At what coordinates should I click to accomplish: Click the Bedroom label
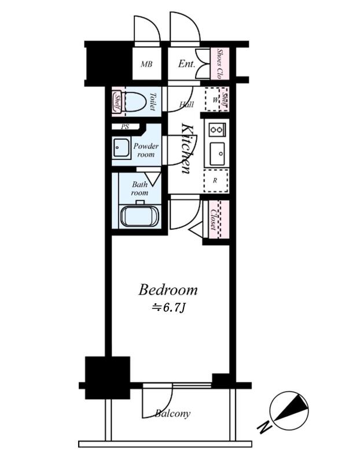[x=168, y=290]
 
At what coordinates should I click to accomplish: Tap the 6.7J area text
[x=168, y=308]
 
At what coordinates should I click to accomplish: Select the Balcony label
[x=173, y=414]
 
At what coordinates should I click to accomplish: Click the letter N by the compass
[x=264, y=427]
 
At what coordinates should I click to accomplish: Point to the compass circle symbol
[x=289, y=411]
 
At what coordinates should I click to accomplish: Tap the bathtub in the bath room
[x=140, y=216]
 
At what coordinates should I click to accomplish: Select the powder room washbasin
[x=121, y=148]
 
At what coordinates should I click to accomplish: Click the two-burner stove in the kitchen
[x=216, y=130]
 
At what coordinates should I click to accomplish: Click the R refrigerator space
[x=215, y=181]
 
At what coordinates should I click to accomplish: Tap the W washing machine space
[x=215, y=99]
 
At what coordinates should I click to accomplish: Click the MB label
[x=146, y=64]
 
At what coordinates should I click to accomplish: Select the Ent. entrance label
[x=186, y=64]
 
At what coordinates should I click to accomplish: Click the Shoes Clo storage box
[x=219, y=64]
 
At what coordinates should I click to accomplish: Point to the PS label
[x=125, y=127]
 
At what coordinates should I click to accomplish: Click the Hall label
[x=186, y=104]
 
